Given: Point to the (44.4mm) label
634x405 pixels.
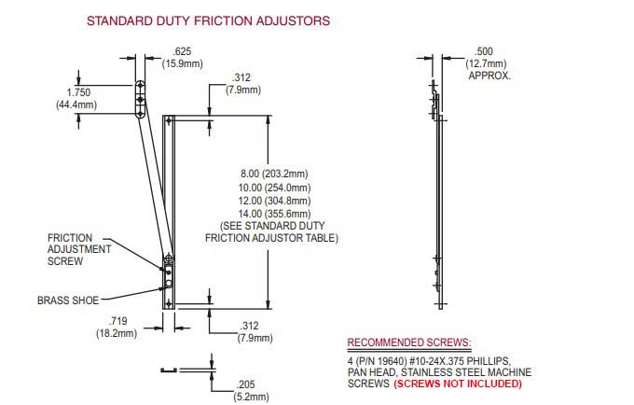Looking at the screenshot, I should (x=76, y=105).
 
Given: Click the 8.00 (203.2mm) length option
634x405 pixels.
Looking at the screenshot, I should (x=274, y=174).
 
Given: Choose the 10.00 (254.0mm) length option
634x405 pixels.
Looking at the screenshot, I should (x=274, y=187).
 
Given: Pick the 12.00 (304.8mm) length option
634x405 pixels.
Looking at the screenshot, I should (x=274, y=201).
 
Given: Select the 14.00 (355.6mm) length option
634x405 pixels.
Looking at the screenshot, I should (x=274, y=214).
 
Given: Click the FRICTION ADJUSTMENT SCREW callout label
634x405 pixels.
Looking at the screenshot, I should (x=79, y=249).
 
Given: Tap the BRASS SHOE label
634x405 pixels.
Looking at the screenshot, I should (x=67, y=300).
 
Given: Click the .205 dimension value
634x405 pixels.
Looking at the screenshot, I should (x=246, y=383).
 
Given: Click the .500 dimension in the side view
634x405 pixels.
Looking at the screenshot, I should (x=484, y=51).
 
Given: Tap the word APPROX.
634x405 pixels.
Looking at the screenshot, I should (x=489, y=76).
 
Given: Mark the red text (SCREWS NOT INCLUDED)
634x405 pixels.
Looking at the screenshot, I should (x=458, y=384).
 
